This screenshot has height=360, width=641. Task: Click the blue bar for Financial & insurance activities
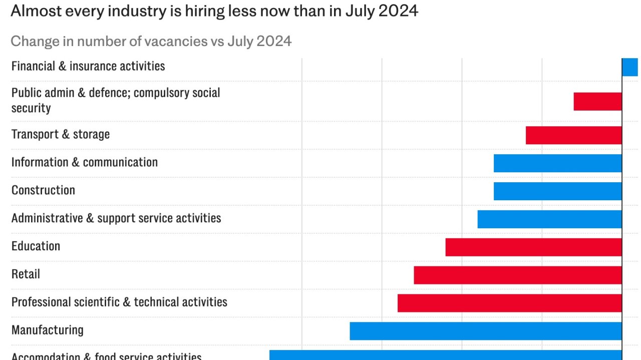click(630, 67)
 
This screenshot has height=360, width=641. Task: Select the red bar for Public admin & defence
click(597, 101)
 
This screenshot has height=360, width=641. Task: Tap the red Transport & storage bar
click(573, 135)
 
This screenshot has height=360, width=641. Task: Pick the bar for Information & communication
click(557, 163)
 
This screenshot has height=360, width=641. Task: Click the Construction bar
click(557, 191)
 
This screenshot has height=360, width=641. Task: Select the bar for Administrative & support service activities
click(549, 219)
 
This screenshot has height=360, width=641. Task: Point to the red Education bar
click(533, 247)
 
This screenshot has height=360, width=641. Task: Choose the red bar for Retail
click(518, 275)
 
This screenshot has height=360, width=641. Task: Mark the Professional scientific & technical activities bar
click(509, 303)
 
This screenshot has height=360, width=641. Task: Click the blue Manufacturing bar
click(486, 331)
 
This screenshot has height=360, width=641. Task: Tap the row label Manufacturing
click(48, 330)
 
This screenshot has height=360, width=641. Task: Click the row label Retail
click(26, 274)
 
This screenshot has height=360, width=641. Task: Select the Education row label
click(36, 246)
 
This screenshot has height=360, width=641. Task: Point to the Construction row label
click(43, 190)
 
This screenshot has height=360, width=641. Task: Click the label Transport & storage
click(60, 134)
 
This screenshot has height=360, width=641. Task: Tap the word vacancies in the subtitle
click(175, 41)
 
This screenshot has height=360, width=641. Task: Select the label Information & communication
click(84, 162)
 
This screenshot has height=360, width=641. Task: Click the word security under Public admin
click(31, 108)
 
